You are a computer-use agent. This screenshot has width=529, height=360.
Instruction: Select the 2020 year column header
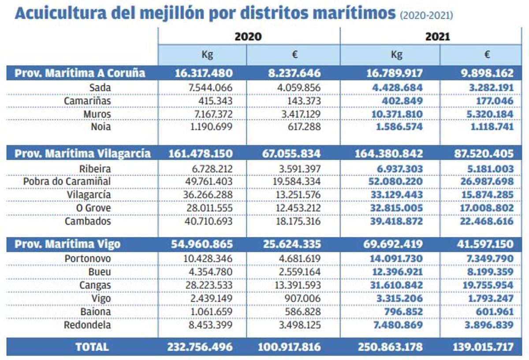(248, 36)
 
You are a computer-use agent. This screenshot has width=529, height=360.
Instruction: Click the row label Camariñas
(87, 101)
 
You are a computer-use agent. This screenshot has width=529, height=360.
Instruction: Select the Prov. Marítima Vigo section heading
(67, 244)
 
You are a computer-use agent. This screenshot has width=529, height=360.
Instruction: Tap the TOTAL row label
(92, 347)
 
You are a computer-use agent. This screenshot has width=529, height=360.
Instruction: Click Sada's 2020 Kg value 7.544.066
(208, 88)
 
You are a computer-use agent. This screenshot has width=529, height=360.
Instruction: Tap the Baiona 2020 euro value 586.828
(302, 311)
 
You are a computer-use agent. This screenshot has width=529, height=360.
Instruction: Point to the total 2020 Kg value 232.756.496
(200, 347)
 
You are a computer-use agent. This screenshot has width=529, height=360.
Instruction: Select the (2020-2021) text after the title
(426, 16)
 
